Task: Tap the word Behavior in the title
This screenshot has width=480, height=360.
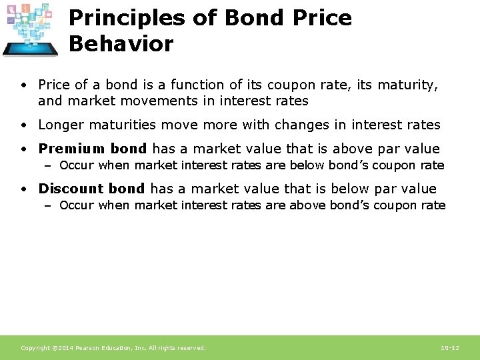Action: pyautogui.click(x=121, y=44)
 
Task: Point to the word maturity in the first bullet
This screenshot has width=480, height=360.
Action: pyautogui.click(x=411, y=85)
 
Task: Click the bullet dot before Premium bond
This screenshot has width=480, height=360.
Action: pyautogui.click(x=23, y=149)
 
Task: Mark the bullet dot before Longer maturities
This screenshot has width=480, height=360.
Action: pyautogui.click(x=23, y=125)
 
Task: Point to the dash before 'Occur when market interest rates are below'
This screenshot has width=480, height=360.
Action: pyautogui.click(x=48, y=165)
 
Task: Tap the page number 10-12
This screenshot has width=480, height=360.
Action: pyautogui.click(x=450, y=348)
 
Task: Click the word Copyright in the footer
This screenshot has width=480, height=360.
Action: pyautogui.click(x=35, y=348)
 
